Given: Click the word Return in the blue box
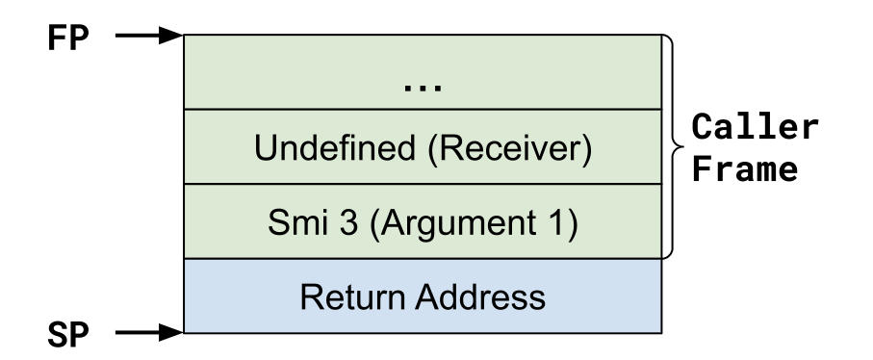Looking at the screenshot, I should (x=350, y=297).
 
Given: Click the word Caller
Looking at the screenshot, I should (x=757, y=128).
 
